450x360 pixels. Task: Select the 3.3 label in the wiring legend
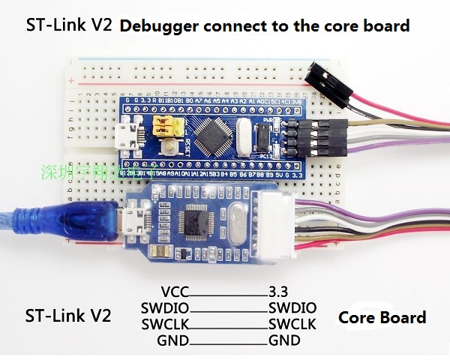279,292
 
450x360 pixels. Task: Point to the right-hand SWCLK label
292,324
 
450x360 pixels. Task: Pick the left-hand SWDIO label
165,308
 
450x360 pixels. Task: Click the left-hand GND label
173,340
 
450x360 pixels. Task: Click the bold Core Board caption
382,317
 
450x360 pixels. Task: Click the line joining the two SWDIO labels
228,309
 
